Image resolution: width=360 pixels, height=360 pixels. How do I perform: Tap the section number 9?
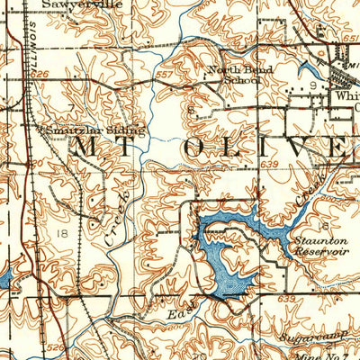point(312,85)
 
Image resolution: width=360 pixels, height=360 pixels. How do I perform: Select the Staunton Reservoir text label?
point(314,246)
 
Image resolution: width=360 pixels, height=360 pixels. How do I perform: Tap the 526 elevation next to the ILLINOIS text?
point(39,74)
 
